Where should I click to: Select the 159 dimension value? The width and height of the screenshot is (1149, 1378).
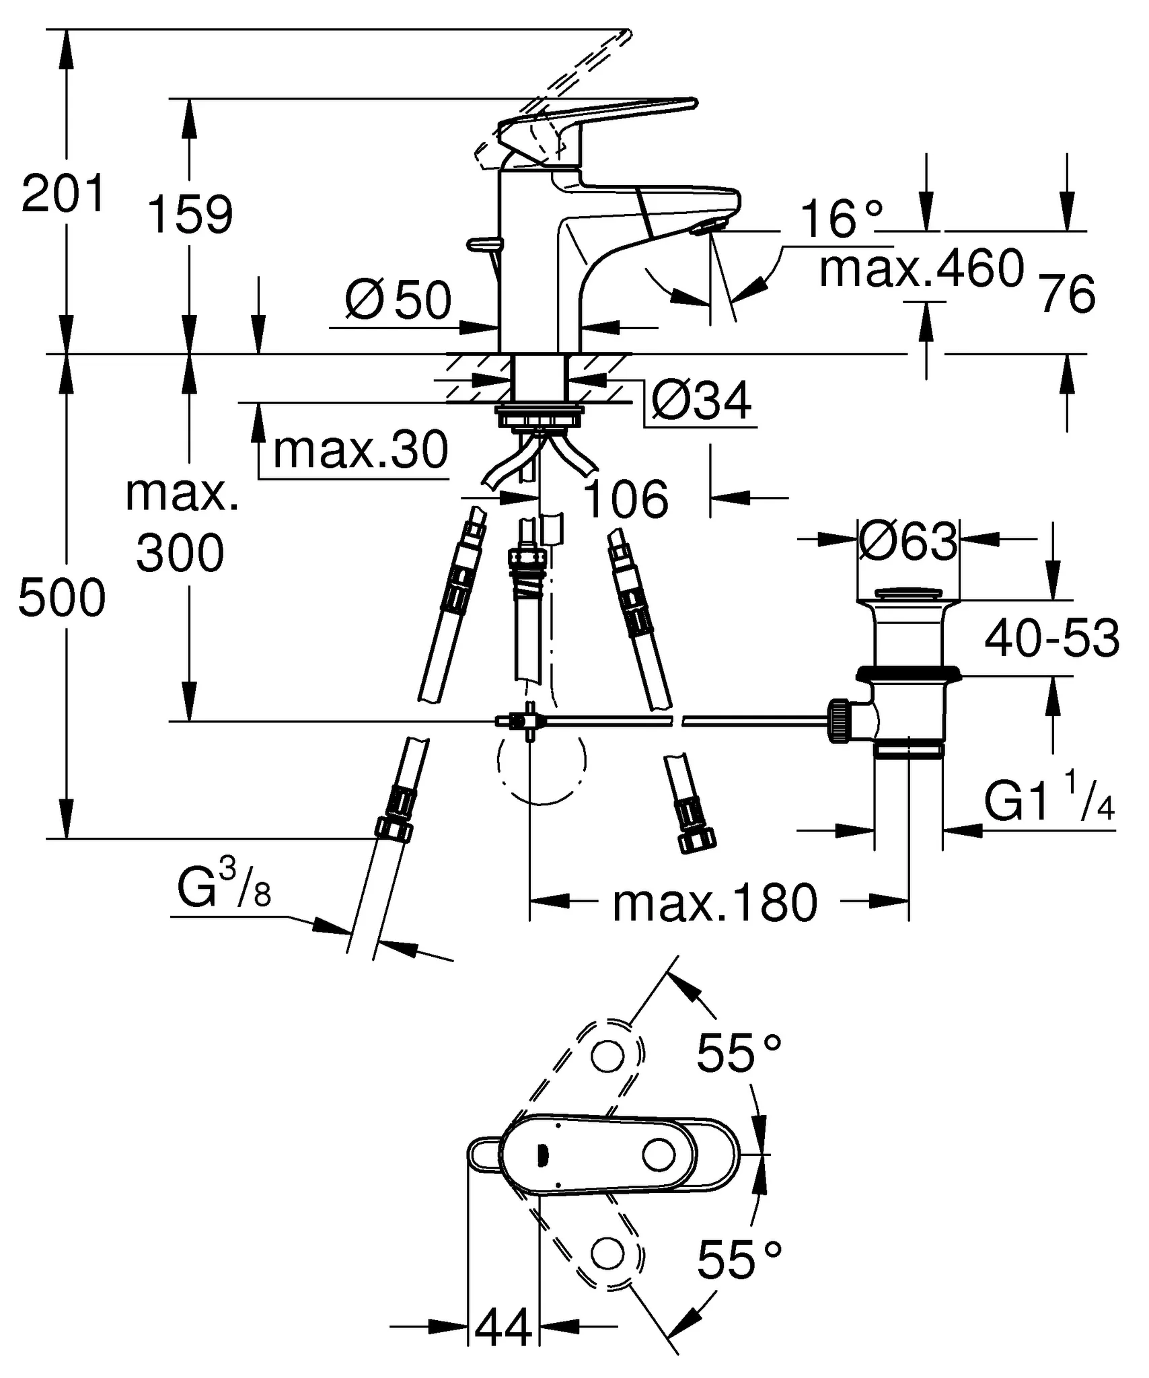coord(190,215)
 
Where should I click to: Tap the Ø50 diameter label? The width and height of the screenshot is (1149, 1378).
coord(398,300)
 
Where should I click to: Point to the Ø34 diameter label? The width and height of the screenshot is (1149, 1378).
coord(701,402)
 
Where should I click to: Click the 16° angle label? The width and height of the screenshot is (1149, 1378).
coord(841,219)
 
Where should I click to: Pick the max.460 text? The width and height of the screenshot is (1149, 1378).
coord(921,268)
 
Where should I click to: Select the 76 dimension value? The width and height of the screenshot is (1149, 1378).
coord(1068,294)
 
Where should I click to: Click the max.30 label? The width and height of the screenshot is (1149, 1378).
coord(360,450)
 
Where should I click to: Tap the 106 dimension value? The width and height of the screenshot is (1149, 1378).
coord(625,500)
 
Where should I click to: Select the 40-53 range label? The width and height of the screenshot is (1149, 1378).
coord(1051,639)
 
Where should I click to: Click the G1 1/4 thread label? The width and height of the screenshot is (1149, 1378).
coord(1049,802)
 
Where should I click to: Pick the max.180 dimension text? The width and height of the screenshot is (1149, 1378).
coord(714,904)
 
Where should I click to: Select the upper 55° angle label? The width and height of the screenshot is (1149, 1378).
coord(739,1053)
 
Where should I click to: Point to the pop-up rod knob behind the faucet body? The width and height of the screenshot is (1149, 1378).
coord(484,244)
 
